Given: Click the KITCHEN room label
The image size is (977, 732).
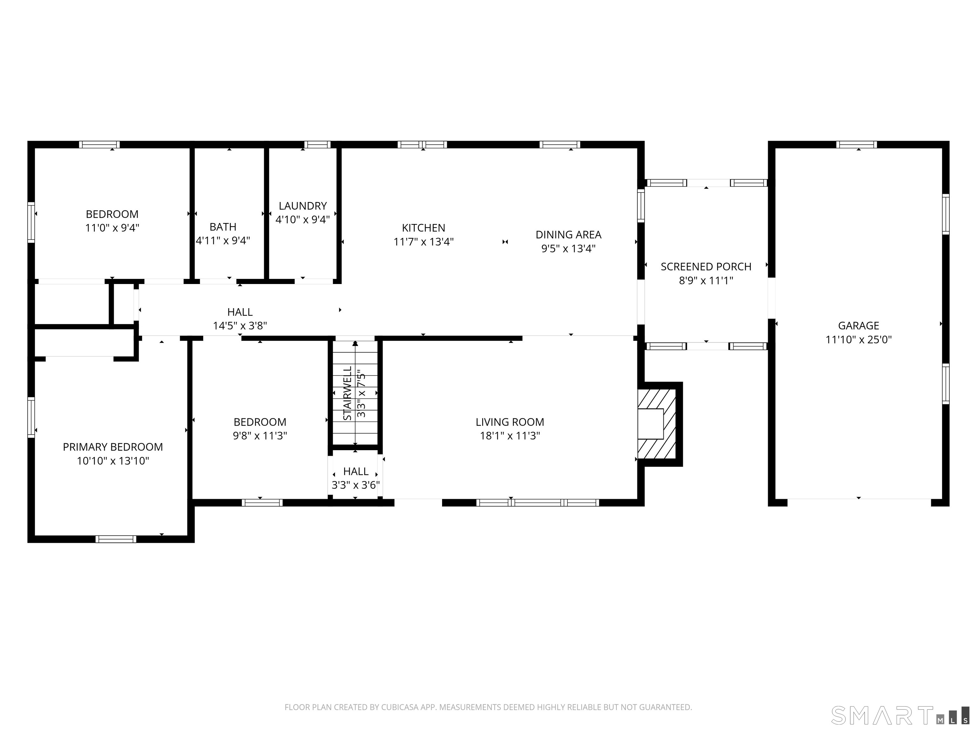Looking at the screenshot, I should point(423,228).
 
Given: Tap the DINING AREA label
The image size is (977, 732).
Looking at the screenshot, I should point(568,234).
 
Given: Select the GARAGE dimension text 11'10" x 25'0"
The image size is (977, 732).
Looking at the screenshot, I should point(858,339).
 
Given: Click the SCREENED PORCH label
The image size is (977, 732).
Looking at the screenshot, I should point(705,267).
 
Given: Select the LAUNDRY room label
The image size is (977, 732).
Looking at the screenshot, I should point(302,206).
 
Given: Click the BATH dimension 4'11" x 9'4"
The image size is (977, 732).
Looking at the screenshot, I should point(223,241).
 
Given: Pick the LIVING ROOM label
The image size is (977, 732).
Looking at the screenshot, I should point(510,422).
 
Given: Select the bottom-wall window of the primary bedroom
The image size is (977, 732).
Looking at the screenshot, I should point(116,539).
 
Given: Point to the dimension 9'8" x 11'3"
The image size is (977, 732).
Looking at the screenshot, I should point(260,436).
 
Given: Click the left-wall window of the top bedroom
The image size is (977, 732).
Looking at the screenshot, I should point(31,222).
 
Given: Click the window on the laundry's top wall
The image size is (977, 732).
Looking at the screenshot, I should point(317,144).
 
